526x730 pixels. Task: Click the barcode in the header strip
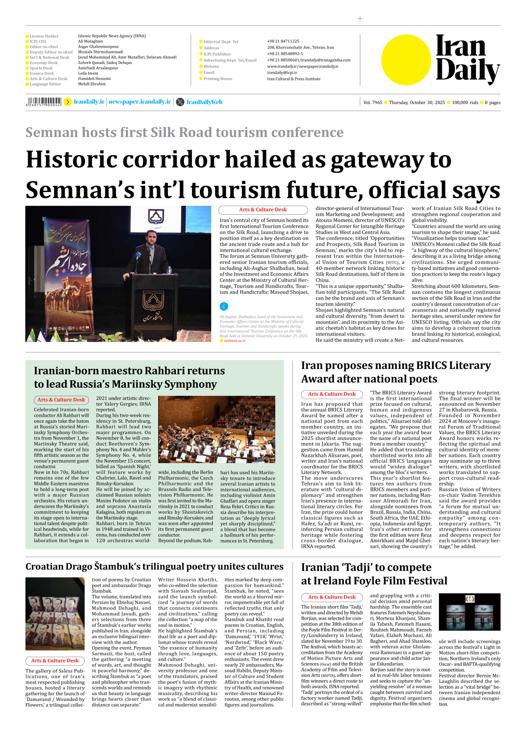43,101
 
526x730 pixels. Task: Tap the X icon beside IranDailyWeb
180,102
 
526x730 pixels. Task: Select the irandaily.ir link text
89,102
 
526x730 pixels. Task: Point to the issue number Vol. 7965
373,102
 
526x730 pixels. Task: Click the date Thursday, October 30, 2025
417,102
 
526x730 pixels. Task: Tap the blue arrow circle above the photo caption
224,306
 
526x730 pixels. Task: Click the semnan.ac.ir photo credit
234,341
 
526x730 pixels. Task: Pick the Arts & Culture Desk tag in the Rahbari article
61,400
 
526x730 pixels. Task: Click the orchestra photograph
216,429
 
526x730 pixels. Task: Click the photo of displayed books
55,613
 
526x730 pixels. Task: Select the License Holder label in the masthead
44,36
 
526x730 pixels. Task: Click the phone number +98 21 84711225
283,41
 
